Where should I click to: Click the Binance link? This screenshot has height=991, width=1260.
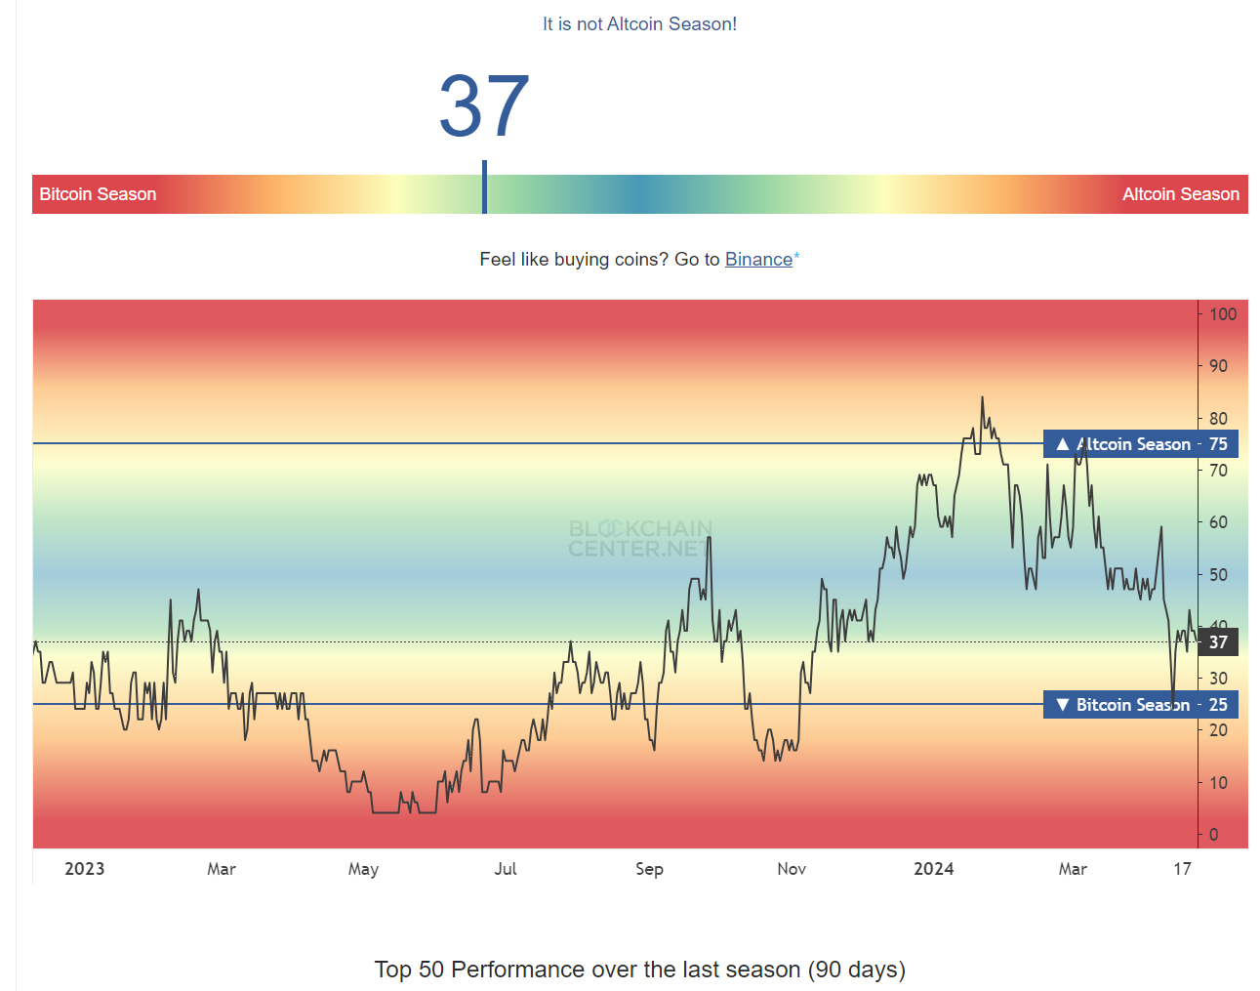758,260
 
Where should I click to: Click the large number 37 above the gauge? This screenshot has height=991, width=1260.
484,106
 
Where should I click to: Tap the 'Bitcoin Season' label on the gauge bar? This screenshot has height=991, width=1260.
98,194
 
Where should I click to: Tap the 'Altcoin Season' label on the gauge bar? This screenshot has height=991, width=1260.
1180,194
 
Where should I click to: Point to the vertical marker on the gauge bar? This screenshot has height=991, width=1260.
484,187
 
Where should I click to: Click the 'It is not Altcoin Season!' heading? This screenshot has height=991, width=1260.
639,24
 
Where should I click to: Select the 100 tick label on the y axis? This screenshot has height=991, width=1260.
1222,314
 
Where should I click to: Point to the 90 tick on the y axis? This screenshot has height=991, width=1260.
1218,366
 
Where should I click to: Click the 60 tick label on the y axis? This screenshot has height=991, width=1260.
1218,522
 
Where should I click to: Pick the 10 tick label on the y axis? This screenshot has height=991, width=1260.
1218,783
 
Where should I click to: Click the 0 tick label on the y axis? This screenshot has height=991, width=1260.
1214,835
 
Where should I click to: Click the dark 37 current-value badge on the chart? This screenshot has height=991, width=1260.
1218,642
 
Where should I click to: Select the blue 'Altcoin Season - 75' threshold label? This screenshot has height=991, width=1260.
1140,444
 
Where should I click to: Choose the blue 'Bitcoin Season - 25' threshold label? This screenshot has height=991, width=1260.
1140,705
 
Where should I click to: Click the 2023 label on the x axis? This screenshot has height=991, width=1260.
85,869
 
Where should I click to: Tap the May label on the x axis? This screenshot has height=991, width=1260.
363,869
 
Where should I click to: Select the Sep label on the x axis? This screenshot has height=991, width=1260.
649,869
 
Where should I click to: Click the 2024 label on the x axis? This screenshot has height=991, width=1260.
933,869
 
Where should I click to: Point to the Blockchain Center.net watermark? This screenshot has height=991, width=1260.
640,539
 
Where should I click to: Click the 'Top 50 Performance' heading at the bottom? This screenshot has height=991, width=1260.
639,970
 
